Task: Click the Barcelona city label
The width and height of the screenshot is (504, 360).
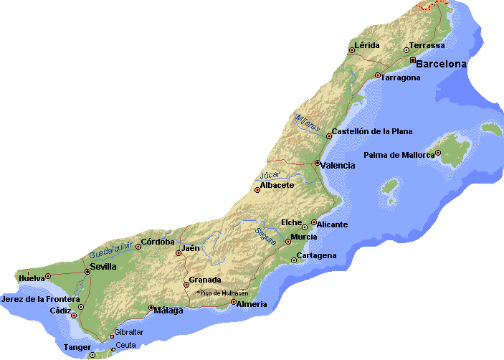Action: pos(441,64)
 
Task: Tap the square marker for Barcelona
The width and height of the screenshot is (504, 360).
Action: pos(412,60)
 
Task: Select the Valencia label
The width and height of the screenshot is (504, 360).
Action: pos(338,166)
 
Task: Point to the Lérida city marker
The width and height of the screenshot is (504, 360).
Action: pos(352,49)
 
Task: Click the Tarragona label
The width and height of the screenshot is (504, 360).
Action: pos(401,77)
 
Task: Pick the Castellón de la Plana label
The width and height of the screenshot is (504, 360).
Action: pos(371,131)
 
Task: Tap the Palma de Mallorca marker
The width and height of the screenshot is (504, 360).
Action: pos(438,153)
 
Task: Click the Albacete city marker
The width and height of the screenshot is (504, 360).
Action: pos(257,189)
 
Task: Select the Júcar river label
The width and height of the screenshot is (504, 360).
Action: pos(270,174)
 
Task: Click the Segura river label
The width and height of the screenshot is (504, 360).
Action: pos(266,235)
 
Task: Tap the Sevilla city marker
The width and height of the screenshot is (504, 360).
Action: pos(87,272)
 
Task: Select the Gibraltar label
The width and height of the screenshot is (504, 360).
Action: pos(129,332)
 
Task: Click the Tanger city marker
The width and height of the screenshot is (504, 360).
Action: pos(92,354)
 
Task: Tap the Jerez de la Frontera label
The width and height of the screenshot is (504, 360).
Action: pos(41,298)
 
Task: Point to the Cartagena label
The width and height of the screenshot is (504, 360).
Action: pos(316,256)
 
